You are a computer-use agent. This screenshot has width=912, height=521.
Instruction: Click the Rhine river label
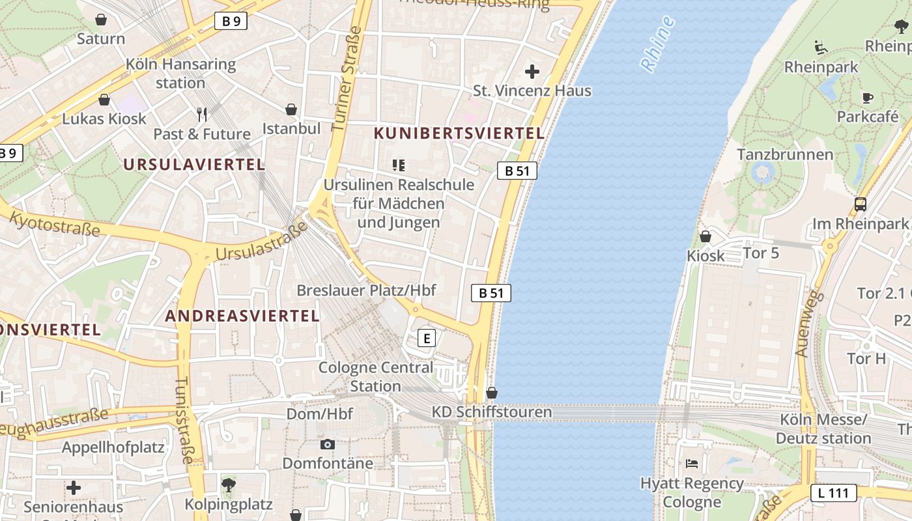click(657, 44)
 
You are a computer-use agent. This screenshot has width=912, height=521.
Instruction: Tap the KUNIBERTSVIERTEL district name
click(459, 134)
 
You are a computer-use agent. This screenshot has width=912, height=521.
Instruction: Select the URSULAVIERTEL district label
click(194, 164)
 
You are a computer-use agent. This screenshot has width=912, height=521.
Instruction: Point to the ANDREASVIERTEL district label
click(242, 316)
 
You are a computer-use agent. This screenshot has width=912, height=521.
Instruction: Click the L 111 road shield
click(833, 493)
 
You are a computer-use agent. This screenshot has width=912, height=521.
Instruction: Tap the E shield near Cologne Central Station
click(426, 338)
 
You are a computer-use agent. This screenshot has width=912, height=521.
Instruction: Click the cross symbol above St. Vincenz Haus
click(532, 72)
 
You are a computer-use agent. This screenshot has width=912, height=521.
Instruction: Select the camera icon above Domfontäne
click(328, 445)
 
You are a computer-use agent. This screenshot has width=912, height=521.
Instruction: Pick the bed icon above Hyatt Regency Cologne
click(692, 464)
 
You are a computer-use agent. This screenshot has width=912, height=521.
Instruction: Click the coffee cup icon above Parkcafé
click(867, 98)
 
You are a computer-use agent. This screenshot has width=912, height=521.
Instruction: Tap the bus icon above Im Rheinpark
click(861, 204)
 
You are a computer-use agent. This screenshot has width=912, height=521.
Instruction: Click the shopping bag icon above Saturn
click(101, 20)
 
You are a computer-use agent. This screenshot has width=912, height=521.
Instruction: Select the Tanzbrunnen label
click(784, 154)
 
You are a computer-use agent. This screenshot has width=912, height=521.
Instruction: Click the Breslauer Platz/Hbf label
click(366, 290)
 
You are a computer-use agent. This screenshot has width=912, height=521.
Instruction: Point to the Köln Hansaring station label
click(180, 74)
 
